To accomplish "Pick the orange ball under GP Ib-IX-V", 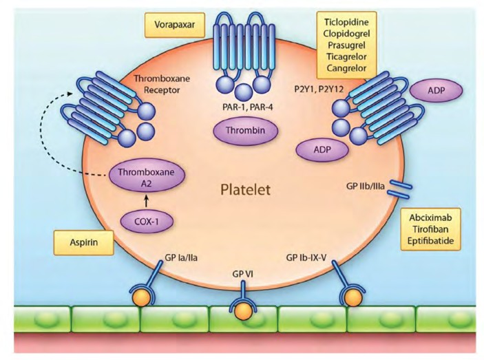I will (352, 298).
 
